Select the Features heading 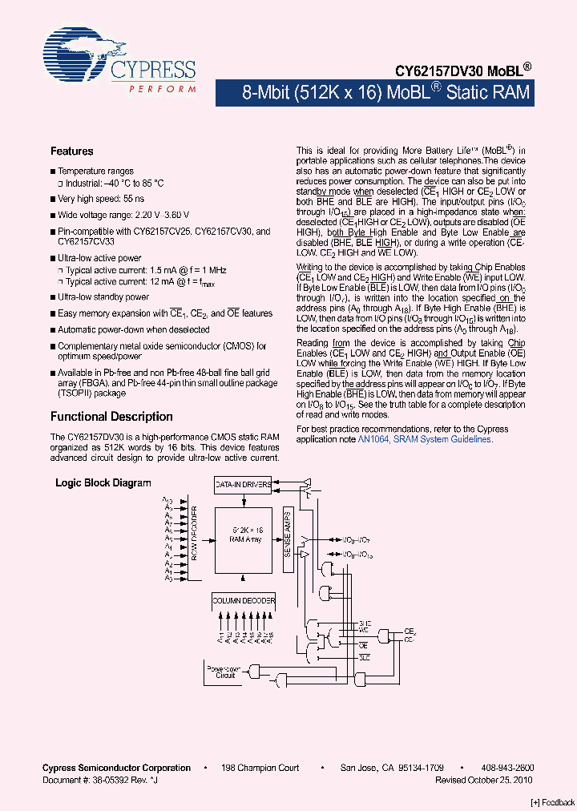point(71,151)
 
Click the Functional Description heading point(111,417)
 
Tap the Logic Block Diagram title point(103,482)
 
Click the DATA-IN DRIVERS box point(244,486)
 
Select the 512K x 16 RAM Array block point(247,535)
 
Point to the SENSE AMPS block point(287,535)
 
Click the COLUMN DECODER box point(244,600)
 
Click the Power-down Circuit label point(225,671)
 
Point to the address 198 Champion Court point(260,768)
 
